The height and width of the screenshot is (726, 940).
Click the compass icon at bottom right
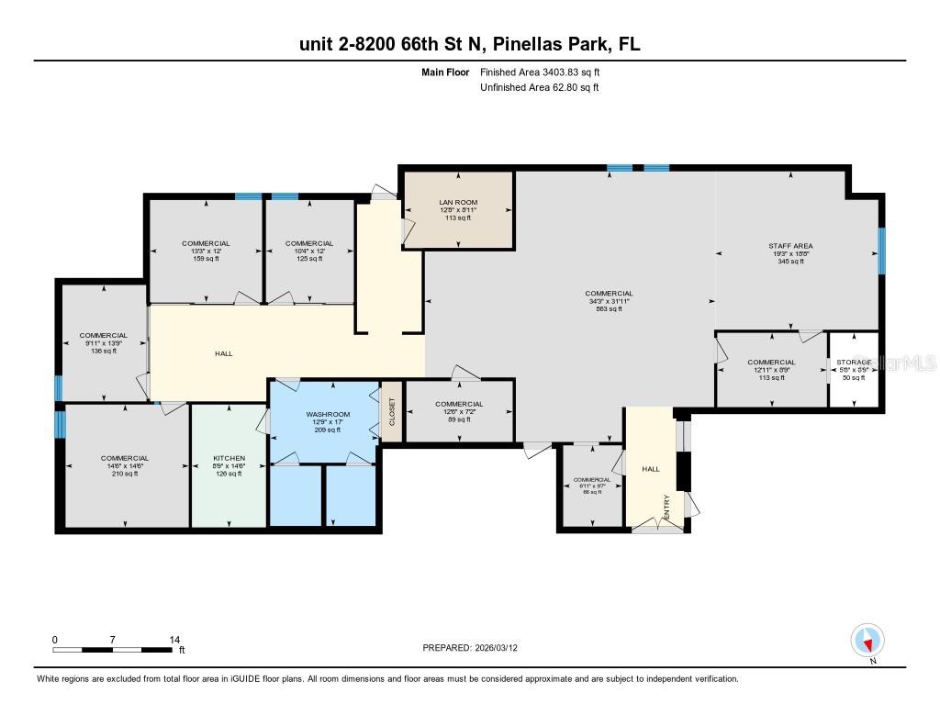click(x=867, y=640)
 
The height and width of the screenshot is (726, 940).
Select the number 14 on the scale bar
click(x=174, y=639)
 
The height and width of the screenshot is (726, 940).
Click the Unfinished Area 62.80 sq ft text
click(x=539, y=88)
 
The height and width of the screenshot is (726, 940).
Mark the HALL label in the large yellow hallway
click(x=223, y=353)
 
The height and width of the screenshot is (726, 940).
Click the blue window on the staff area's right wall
click(x=881, y=251)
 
